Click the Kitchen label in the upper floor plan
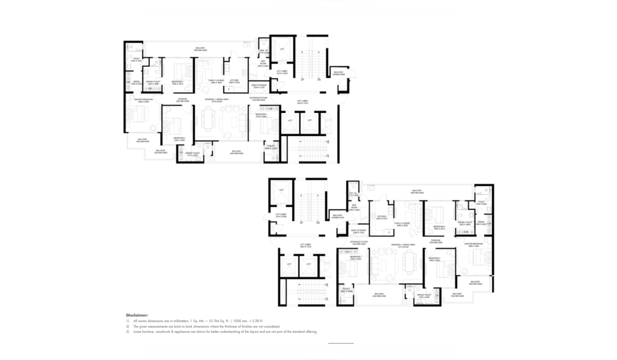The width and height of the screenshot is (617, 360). click(x=234, y=81)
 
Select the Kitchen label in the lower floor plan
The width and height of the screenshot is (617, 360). click(x=382, y=217)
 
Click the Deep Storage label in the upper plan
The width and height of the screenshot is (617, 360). click(x=259, y=86)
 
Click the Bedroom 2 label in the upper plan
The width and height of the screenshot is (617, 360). click(x=177, y=82)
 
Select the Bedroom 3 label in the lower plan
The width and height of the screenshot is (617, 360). click(x=435, y=259)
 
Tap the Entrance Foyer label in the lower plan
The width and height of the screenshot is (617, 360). click(x=359, y=241)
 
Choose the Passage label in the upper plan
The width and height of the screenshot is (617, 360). click(x=183, y=99)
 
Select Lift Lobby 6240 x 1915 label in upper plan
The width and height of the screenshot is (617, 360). click(x=304, y=102)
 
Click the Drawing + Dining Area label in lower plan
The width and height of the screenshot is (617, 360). click(x=406, y=245)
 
